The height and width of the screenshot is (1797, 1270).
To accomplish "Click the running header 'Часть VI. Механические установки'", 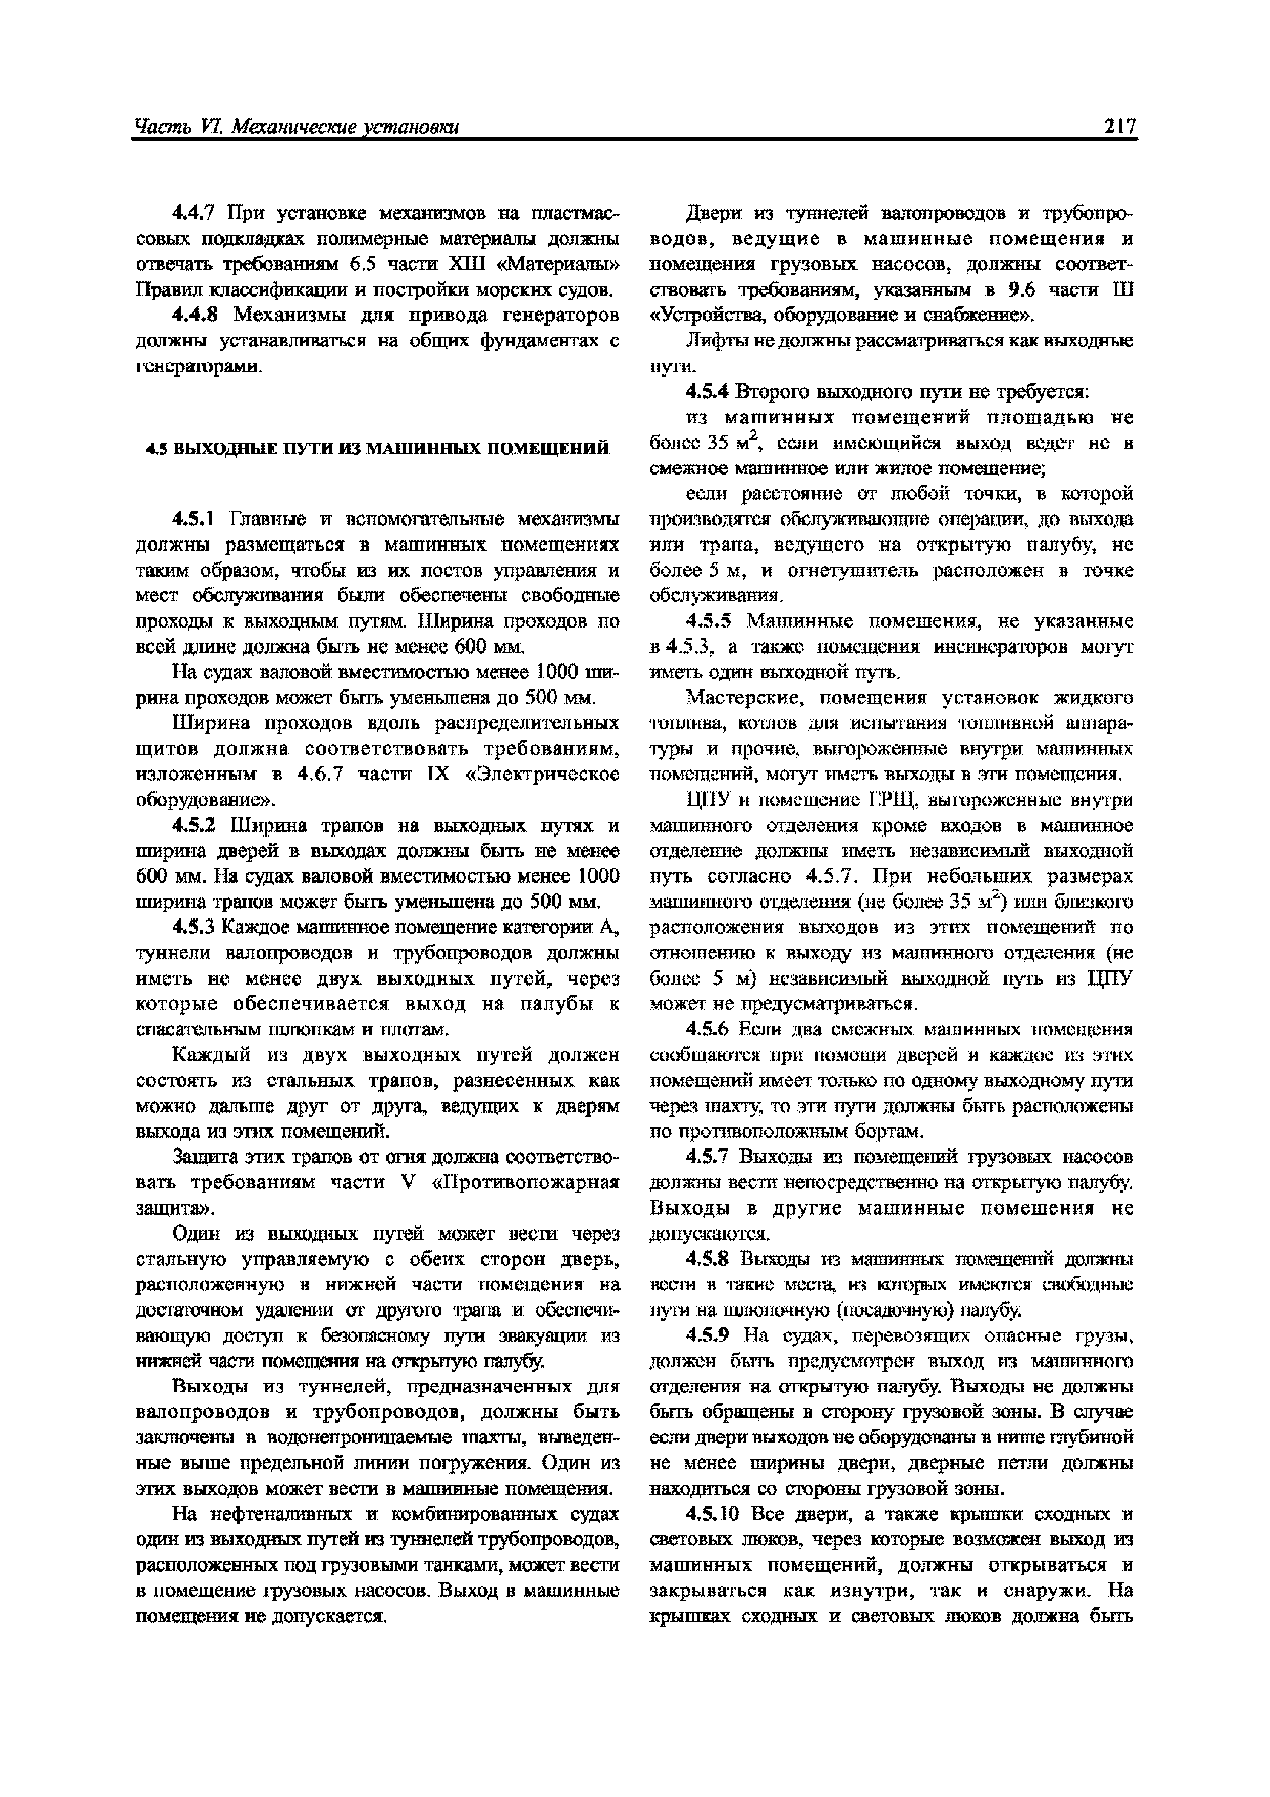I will click(x=297, y=127).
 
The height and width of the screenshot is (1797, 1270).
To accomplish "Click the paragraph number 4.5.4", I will click(x=707, y=391).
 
